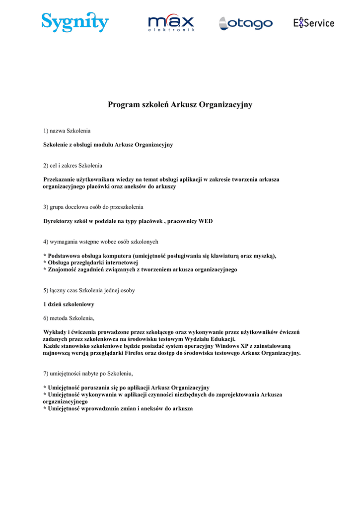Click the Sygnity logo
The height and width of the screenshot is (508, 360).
coord(75,22)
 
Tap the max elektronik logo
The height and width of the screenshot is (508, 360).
coord(171,23)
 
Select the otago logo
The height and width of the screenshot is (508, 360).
coord(246,23)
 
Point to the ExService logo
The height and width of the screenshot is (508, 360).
coord(313,23)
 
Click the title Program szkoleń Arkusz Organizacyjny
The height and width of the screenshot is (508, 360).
coord(180,105)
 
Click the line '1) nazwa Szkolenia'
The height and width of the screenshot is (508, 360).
coord(67,130)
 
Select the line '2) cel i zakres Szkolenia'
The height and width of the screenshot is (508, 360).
coord(73,165)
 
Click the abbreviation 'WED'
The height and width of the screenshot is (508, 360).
coord(206,221)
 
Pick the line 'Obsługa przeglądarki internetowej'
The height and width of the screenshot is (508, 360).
coord(92,263)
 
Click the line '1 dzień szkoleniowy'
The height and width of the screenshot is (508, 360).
coord(69,304)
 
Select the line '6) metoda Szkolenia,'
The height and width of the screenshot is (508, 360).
coord(69,318)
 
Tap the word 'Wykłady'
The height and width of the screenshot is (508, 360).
coord(55,332)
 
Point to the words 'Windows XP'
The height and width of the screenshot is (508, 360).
coord(231,346)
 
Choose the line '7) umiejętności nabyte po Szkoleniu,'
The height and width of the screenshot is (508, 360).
coord(88,373)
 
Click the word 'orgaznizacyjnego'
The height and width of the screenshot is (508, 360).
coord(65,401)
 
